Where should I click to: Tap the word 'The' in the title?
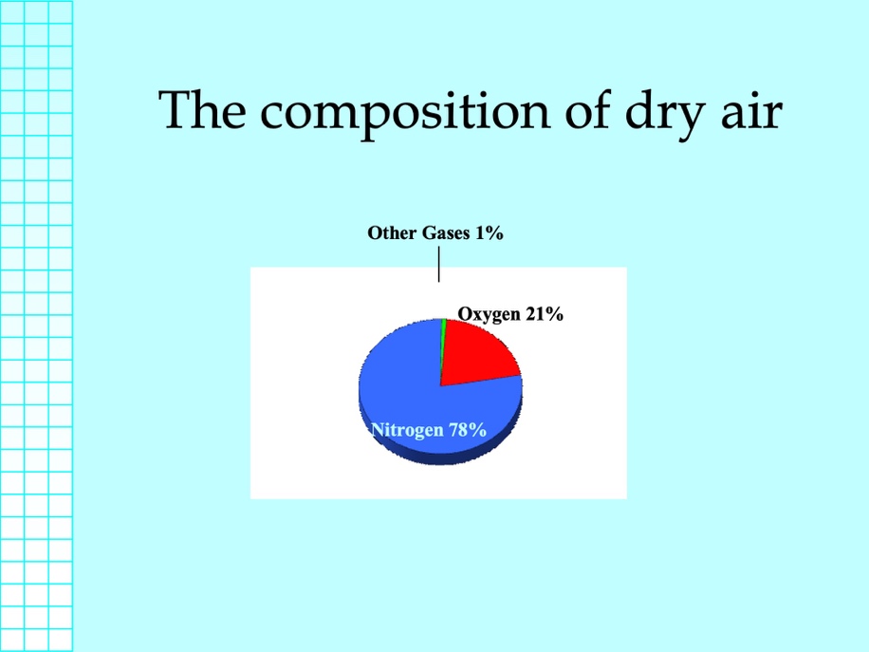[x=202, y=109]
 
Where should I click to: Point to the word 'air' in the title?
[x=751, y=111]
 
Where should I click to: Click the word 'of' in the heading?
[x=588, y=109]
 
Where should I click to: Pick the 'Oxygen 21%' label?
[x=510, y=314]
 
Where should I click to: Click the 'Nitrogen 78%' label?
[x=429, y=430]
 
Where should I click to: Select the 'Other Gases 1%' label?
[x=435, y=233]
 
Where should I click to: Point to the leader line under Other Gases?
[x=439, y=264]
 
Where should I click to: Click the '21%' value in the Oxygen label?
[x=545, y=313]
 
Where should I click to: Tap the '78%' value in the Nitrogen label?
[x=467, y=429]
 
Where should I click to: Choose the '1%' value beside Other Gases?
[x=490, y=233]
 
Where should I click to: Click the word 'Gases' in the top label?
[x=446, y=233]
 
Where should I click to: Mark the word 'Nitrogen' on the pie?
[x=407, y=430]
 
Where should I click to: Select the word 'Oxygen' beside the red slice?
[x=489, y=314]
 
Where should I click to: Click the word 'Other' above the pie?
[x=392, y=233]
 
